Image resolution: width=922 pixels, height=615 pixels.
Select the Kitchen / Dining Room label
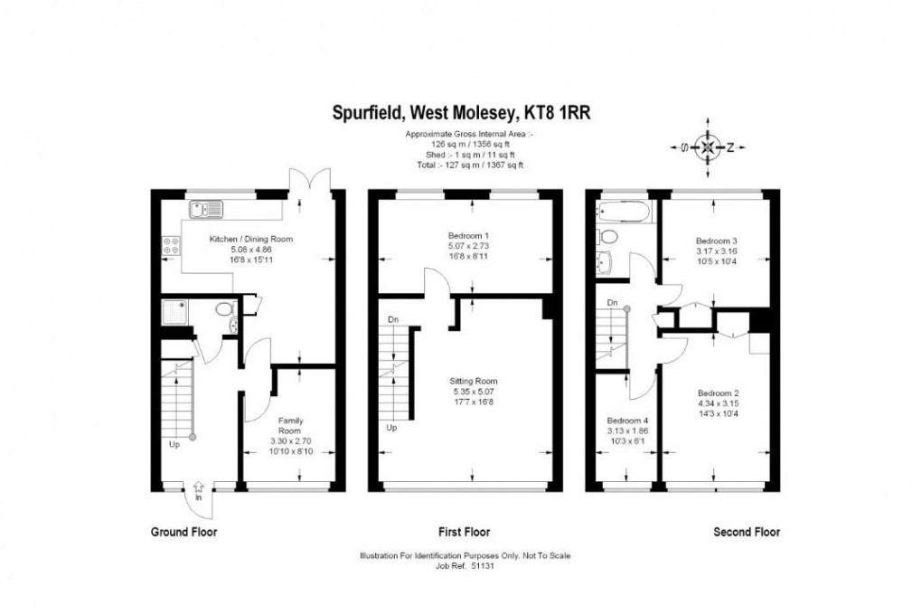click(x=251, y=239)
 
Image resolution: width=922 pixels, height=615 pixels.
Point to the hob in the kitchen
click(x=169, y=246)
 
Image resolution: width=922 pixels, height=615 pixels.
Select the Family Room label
click(x=289, y=425)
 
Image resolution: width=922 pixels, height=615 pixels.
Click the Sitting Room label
click(x=475, y=381)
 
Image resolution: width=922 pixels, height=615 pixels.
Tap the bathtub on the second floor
click(x=623, y=213)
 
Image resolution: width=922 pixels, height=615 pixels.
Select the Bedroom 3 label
click(x=716, y=241)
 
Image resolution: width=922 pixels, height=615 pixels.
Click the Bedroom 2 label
click(x=718, y=393)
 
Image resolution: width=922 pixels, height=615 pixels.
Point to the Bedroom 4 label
click(x=626, y=421)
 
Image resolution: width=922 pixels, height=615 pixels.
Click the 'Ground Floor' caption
click(x=183, y=533)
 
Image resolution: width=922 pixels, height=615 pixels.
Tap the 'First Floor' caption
click(x=464, y=533)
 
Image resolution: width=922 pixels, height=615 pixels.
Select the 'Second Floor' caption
click(x=746, y=533)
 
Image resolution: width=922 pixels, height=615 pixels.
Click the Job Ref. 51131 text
click(x=465, y=567)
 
